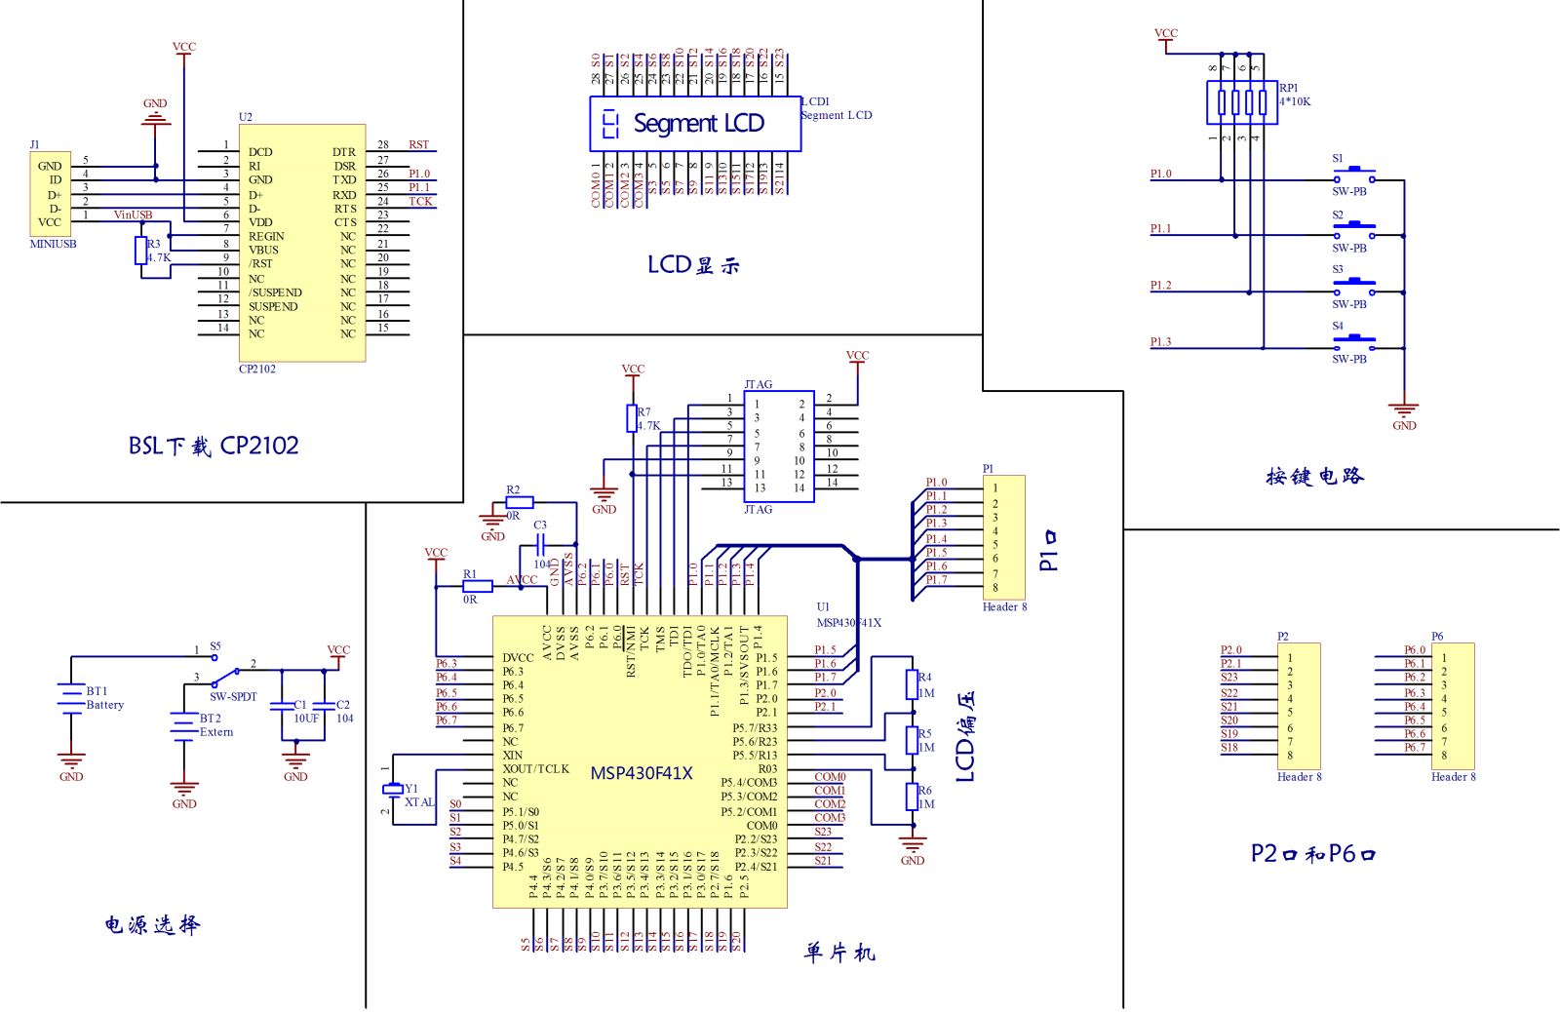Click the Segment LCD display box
[695, 124]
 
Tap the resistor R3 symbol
[141, 251]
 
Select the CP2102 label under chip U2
[257, 370]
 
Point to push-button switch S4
[1353, 341]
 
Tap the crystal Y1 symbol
[393, 789]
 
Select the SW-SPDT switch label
[233, 697]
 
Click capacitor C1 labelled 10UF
[283, 706]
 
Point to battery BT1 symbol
[71, 698]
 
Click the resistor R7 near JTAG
[632, 418]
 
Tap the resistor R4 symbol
[912, 684]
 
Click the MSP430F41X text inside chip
[641, 774]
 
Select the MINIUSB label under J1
[53, 244]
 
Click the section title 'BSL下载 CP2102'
[214, 447]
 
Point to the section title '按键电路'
[1314, 477]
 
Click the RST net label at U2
[418, 145]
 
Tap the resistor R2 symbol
[520, 502]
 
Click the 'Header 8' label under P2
[1299, 777]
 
